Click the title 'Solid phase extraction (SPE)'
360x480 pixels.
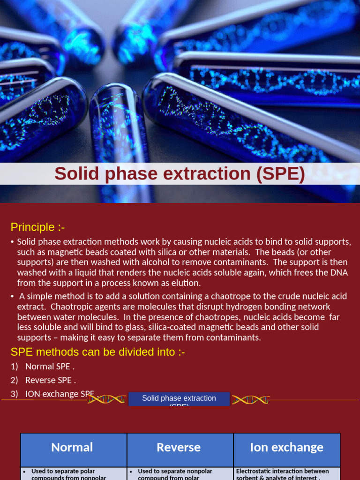[180, 174]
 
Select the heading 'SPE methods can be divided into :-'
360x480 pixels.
[97, 352]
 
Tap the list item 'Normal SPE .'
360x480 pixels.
[50, 367]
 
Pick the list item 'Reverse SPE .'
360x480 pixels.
[50, 380]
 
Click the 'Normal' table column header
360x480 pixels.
[72, 448]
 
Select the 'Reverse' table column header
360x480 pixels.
[179, 448]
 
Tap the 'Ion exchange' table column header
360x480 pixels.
[286, 448]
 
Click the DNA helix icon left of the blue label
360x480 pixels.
[107, 399]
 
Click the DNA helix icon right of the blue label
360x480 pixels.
[250, 400]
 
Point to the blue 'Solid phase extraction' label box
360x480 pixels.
[179, 399]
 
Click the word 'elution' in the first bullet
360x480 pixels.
[186, 283]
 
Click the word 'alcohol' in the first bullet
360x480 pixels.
[131, 262]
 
